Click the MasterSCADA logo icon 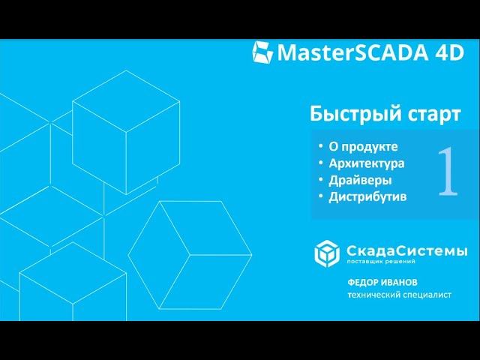pos(262,52)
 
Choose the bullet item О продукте pos(363,147)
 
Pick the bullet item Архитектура pos(367,163)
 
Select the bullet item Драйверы pos(360,180)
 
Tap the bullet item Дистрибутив pos(367,196)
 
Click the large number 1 pos(448,171)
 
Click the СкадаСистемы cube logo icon pos(327,253)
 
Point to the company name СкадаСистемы pos(406,251)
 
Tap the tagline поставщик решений pos(381,262)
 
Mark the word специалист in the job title pos(427,295)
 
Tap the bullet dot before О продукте pos(321,145)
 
